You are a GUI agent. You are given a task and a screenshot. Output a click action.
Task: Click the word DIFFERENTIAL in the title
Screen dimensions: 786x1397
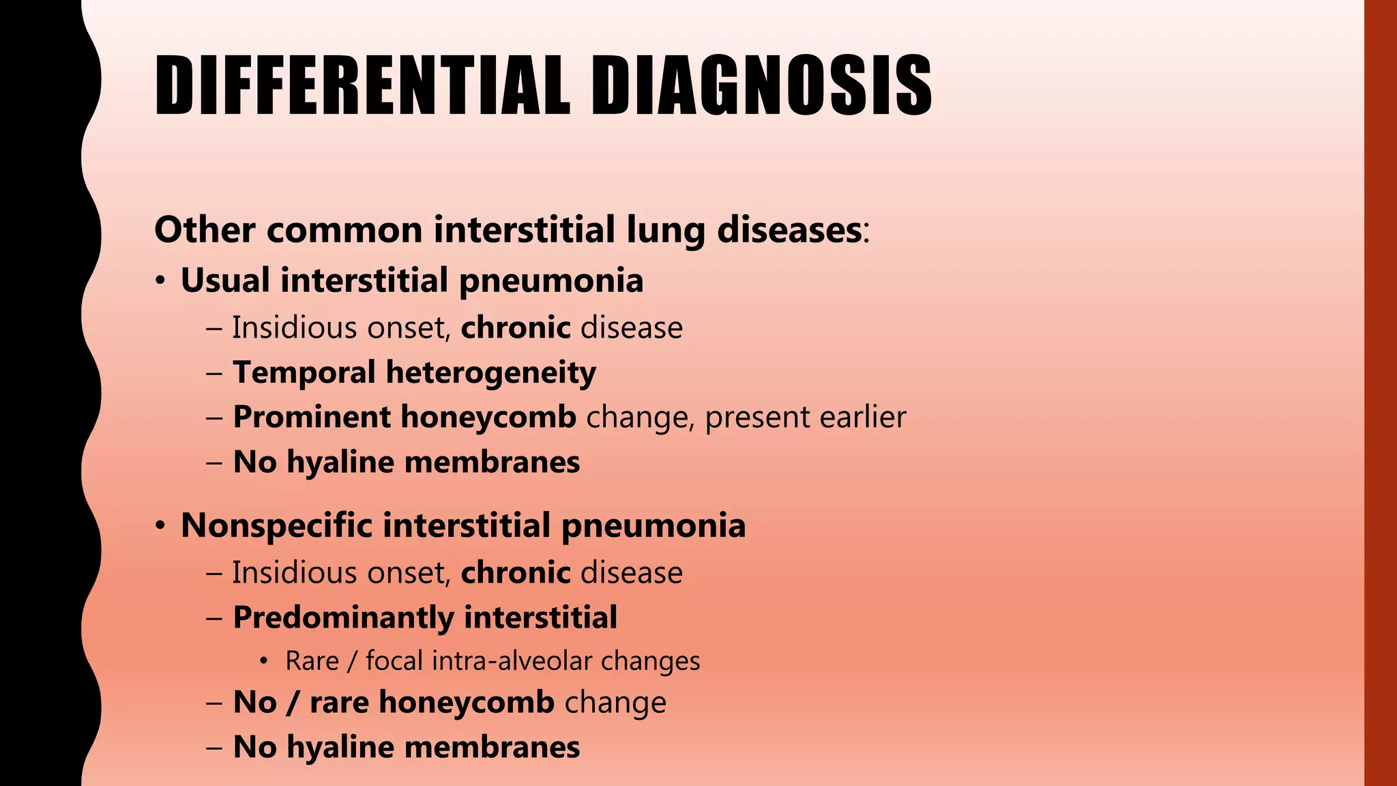point(362,87)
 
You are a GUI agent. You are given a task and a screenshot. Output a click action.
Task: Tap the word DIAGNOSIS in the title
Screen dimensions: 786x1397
point(761,87)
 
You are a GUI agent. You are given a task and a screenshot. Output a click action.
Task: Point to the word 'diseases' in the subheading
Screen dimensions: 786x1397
point(789,230)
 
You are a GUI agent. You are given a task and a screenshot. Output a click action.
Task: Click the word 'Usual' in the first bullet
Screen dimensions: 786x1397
point(225,280)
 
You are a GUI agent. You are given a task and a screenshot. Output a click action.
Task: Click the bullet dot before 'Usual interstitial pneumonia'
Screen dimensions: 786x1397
point(160,282)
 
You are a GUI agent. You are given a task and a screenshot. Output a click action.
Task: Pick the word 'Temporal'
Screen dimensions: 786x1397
point(304,373)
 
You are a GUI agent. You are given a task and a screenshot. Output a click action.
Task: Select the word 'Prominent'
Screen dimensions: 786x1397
point(312,417)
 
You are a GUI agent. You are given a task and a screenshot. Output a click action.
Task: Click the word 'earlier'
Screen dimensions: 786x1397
point(863,417)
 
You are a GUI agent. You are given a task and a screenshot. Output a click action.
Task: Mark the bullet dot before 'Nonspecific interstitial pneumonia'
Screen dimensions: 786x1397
point(160,527)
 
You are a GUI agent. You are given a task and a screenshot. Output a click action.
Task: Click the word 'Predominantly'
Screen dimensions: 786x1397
point(343,617)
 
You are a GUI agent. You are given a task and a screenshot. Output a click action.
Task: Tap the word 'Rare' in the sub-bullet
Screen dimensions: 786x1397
point(312,661)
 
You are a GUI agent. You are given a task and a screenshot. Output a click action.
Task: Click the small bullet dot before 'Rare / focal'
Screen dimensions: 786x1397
point(264,662)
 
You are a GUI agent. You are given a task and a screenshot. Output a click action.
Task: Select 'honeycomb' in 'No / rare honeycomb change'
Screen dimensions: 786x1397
point(467,702)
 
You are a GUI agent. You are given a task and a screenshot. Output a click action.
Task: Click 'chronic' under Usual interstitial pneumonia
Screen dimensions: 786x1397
point(516,327)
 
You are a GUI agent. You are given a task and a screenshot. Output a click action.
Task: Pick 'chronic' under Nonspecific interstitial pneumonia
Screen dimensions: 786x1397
point(516,572)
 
